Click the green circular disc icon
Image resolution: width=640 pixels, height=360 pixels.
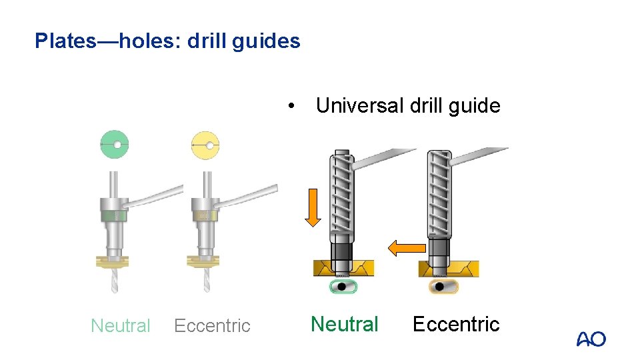coord(114,145)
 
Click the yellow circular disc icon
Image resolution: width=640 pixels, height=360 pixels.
coord(205,145)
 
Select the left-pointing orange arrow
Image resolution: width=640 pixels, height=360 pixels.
coord(407,248)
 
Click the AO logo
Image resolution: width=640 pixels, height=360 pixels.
coord(591,339)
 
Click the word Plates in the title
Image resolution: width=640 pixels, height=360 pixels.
coord(65,41)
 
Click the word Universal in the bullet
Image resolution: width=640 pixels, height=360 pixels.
coord(360,105)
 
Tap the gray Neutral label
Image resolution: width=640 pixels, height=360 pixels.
coord(121,325)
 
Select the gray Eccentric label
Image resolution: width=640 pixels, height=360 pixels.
coord(212,325)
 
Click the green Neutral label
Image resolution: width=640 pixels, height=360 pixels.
coord(345,324)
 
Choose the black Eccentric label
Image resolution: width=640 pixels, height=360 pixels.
coord(456,324)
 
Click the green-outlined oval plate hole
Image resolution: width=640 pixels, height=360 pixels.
coord(344,287)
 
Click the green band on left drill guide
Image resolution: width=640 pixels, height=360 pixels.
coord(114,215)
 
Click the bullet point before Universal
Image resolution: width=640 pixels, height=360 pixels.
coord(291,106)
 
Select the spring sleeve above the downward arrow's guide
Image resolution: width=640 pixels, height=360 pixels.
coord(341,193)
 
